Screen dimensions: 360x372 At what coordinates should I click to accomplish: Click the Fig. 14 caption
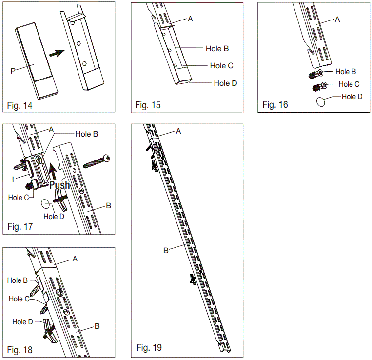[20, 105]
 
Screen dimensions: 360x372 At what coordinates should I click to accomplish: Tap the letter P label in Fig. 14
[13, 71]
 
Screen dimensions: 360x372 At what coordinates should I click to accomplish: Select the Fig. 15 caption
[148, 105]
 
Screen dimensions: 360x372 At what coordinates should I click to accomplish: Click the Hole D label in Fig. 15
[225, 83]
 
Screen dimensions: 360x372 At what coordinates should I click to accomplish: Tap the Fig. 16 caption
[275, 105]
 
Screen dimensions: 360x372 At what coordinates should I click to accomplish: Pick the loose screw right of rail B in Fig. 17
[98, 160]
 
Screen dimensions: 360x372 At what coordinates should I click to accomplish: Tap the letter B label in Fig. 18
[98, 326]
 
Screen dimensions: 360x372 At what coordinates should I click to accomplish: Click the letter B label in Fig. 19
[166, 250]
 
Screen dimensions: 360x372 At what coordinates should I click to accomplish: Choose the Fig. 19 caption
[149, 347]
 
